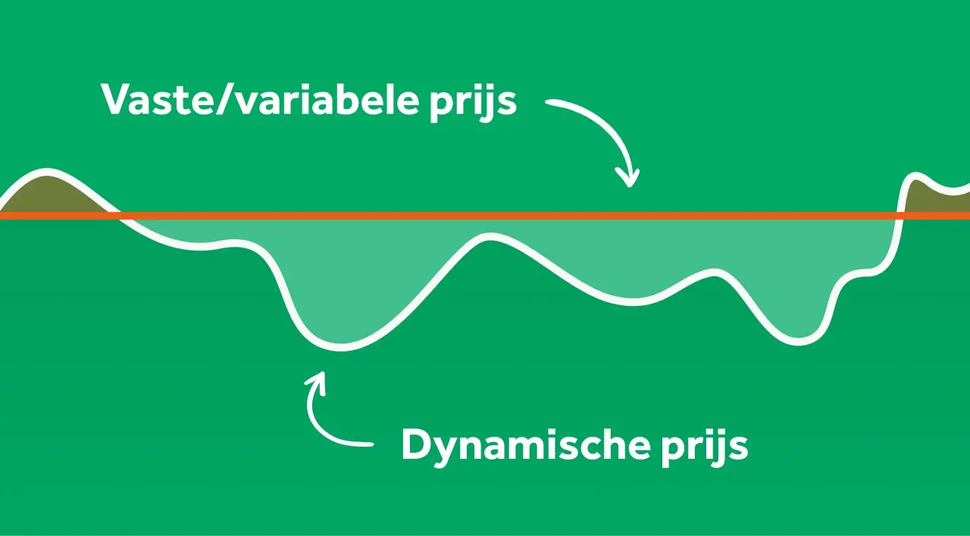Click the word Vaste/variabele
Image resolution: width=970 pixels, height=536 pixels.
pyautogui.click(x=260, y=100)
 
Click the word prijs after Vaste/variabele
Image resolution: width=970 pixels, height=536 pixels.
pyautogui.click(x=474, y=104)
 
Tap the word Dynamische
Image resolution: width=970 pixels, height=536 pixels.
pyautogui.click(x=526, y=446)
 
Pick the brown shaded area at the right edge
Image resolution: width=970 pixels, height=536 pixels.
pyautogui.click(x=935, y=198)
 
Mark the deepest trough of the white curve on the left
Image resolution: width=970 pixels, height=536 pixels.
pyautogui.click(x=341, y=346)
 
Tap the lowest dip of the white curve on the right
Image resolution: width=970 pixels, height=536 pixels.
pyautogui.click(x=799, y=341)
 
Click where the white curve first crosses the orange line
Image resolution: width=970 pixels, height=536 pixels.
pyautogui.click(x=117, y=216)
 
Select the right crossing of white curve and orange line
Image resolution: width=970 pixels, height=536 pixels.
pyautogui.click(x=900, y=216)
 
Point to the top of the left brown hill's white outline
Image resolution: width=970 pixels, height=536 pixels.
pyautogui.click(x=47, y=172)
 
